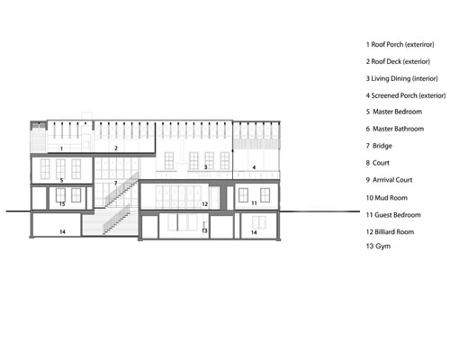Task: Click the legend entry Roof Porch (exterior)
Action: pyautogui.click(x=400, y=44)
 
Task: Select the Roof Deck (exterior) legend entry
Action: pyautogui.click(x=398, y=61)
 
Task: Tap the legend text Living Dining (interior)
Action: pyautogui.click(x=401, y=78)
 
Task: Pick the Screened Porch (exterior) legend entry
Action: pyautogui.click(x=406, y=95)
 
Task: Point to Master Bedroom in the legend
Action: pyautogui.click(x=394, y=112)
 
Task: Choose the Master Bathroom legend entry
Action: pyautogui.click(x=395, y=129)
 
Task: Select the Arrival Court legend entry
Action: pyautogui.click(x=389, y=180)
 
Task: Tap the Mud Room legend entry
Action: pyautogui.click(x=386, y=198)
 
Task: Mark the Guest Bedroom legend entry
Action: pyautogui.click(x=393, y=215)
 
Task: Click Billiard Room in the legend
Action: pyautogui.click(x=390, y=232)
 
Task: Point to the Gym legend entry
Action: pyautogui.click(x=378, y=247)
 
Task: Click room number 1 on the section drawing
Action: pyautogui.click(x=61, y=148)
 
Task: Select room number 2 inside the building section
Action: pyautogui.click(x=116, y=148)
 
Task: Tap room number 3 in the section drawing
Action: pyautogui.click(x=206, y=167)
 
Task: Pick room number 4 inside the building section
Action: pyautogui.click(x=254, y=167)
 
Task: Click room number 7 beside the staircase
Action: pyautogui.click(x=115, y=183)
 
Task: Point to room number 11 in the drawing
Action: pyautogui.click(x=254, y=203)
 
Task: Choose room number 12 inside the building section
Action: pyautogui.click(x=205, y=204)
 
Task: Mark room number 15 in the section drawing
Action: pyautogui.click(x=62, y=204)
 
